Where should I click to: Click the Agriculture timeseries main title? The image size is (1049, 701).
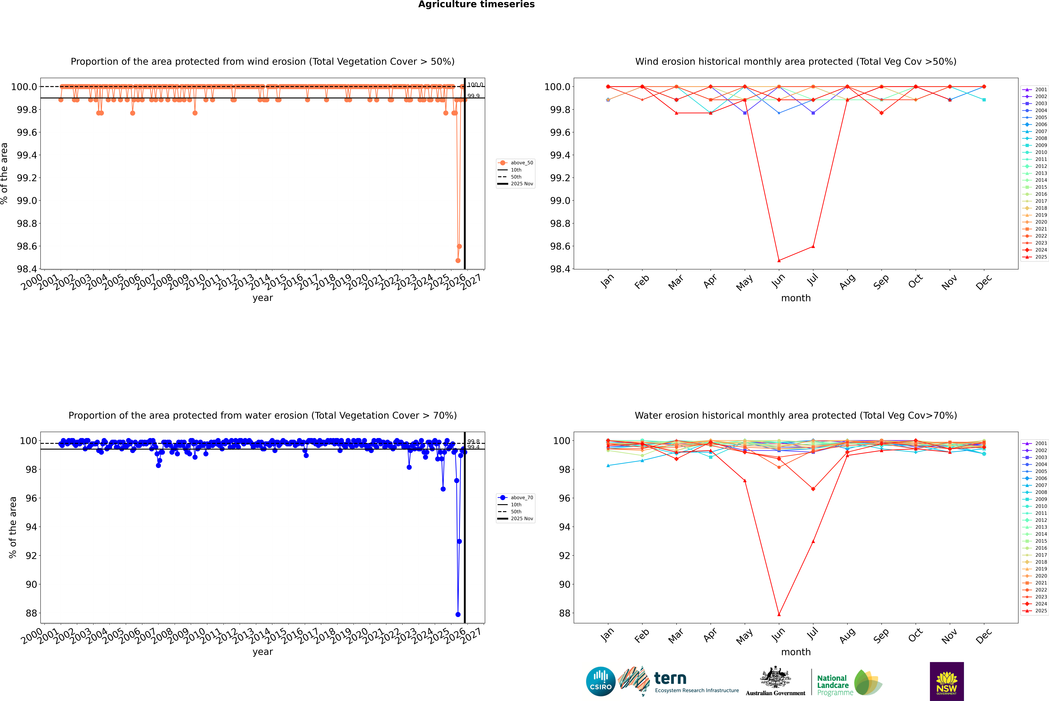476,4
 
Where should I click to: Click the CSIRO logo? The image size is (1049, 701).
601,681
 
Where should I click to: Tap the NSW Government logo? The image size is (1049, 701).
947,681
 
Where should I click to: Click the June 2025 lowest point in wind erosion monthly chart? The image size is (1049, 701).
779,260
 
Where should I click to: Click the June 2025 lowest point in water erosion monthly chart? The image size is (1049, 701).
779,614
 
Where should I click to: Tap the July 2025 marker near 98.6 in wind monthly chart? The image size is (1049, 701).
813,246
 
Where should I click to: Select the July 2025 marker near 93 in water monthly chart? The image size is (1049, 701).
813,541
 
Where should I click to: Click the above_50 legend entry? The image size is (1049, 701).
516,163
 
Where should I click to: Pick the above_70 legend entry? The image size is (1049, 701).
516,498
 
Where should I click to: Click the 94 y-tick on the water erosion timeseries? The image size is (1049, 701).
31,527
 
